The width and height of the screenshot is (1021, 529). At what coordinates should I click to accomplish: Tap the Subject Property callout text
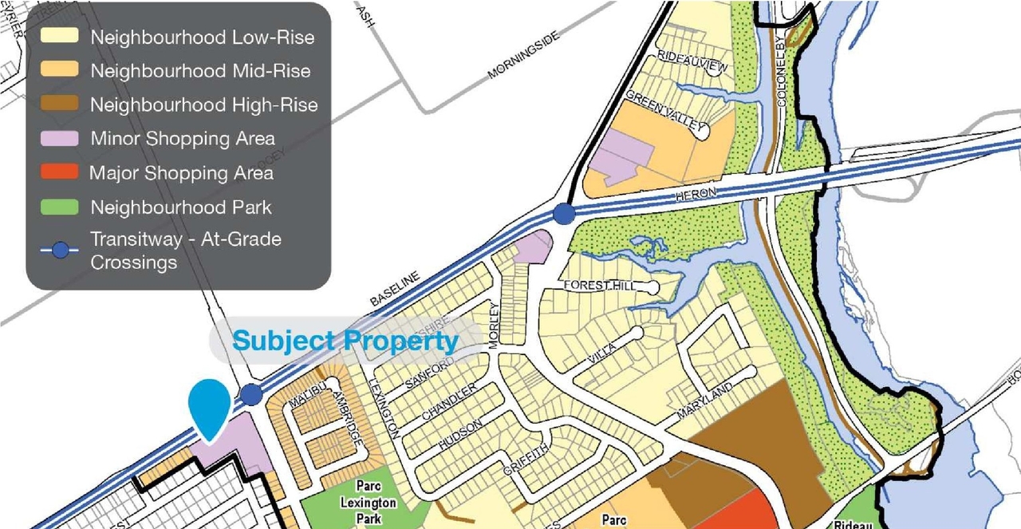click(x=345, y=341)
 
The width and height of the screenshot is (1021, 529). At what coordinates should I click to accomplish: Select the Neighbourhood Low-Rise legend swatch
click(x=60, y=37)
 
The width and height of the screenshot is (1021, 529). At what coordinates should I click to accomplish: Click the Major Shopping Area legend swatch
click(x=60, y=172)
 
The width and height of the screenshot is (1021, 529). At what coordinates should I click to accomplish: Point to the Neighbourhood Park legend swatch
click(x=60, y=207)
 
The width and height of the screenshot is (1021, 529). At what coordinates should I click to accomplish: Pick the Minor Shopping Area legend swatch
click(x=60, y=138)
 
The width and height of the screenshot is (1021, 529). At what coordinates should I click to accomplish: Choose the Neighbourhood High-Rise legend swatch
click(x=60, y=105)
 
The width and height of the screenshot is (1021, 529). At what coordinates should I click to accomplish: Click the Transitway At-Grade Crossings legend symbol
click(x=60, y=250)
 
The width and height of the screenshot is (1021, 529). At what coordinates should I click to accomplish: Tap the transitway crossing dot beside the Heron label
click(x=564, y=214)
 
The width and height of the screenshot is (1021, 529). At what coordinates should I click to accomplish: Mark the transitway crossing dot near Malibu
click(x=251, y=394)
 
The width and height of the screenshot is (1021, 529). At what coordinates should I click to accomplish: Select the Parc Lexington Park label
click(x=368, y=503)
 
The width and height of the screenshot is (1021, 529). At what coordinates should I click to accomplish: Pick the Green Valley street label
click(x=665, y=111)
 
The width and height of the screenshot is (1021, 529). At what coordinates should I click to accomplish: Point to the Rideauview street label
click(x=692, y=61)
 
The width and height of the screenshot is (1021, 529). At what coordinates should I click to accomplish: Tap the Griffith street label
click(x=526, y=460)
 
